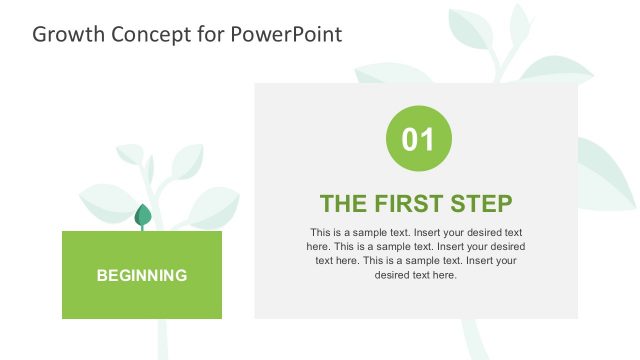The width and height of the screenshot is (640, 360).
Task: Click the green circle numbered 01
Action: pos(418,138)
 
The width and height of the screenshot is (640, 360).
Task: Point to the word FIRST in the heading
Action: pos(411,203)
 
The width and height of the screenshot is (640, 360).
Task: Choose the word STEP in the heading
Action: pos(483,203)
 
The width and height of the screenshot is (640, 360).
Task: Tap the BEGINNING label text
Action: pos(142,275)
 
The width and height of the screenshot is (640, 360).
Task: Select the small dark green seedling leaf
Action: pos(143,214)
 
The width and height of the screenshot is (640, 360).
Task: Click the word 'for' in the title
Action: pos(205,34)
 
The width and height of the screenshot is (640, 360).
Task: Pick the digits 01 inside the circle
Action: pos(418,139)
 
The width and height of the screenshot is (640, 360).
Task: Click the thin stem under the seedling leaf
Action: pos(143,228)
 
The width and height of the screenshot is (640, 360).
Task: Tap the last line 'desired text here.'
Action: pos(416,275)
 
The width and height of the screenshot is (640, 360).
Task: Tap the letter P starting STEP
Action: pos(503,203)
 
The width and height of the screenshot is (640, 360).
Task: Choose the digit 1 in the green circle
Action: pos(427,139)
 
